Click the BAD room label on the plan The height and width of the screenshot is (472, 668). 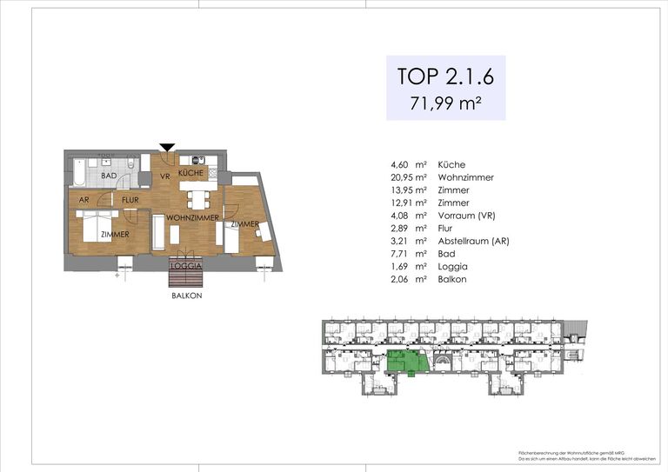point(109,176)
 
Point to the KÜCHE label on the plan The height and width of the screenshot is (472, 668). point(190,174)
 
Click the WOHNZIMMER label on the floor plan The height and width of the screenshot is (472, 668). point(190,216)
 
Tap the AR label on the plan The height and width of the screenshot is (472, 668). point(84,200)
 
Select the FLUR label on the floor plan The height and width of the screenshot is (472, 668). point(130,200)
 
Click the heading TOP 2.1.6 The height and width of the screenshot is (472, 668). point(445,76)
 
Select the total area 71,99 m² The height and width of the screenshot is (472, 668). point(445,104)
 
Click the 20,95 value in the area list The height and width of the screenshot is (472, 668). point(405,177)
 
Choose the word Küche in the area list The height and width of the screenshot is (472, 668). point(452,164)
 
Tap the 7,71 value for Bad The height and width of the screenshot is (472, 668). point(402,254)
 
